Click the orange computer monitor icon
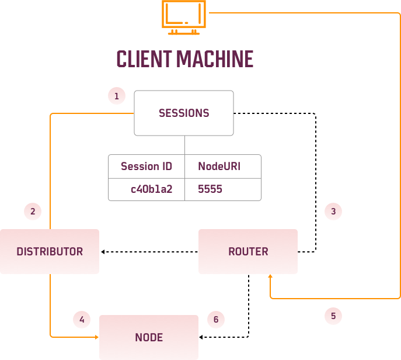184,15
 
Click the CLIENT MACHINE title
184,59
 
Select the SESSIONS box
184,113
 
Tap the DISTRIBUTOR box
50,251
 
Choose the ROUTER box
248,251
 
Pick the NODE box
149,337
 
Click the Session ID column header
147,167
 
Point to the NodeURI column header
219,167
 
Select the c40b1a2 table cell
152,189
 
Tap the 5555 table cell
210,189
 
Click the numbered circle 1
117,96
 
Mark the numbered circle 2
33,211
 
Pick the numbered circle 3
333,211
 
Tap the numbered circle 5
333,316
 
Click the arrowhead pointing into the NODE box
96,337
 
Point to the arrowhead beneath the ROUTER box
270,277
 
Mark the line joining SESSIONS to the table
184,145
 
